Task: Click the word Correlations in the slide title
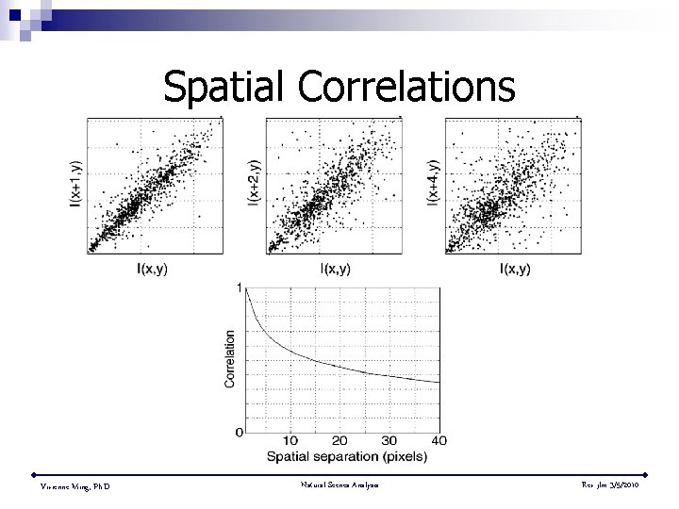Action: click(x=407, y=87)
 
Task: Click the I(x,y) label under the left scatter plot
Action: click(x=152, y=269)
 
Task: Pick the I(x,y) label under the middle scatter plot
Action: click(x=333, y=269)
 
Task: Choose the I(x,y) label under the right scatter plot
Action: click(x=514, y=269)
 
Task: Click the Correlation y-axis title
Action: click(x=229, y=358)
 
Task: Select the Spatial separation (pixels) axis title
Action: click(x=347, y=457)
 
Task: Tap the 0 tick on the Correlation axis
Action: click(x=239, y=432)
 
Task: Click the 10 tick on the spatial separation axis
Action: click(x=290, y=441)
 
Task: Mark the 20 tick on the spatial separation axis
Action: click(x=339, y=441)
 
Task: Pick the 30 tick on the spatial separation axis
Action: click(x=389, y=441)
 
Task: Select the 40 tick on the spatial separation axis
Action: click(x=438, y=441)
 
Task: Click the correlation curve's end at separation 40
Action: click(x=439, y=382)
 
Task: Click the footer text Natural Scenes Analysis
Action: click(x=340, y=484)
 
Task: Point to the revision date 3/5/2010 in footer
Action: click(x=621, y=484)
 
